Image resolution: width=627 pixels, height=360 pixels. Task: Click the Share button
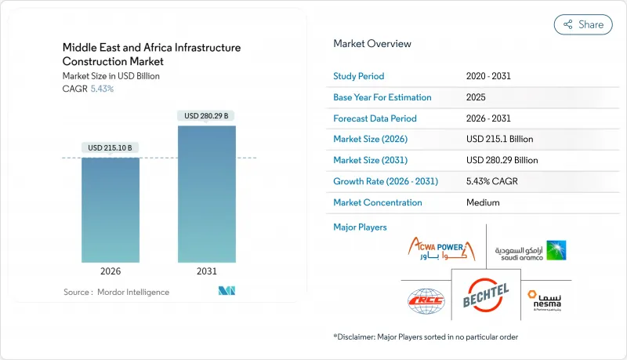coord(583,24)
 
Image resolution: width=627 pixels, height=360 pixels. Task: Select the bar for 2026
coord(111,209)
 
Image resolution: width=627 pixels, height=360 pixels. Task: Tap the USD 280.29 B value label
coord(207,115)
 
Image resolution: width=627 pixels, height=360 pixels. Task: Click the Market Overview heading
coord(372,44)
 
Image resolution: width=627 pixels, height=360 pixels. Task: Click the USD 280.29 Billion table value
coord(502,160)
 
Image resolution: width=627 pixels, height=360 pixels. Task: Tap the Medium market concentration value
coord(483,202)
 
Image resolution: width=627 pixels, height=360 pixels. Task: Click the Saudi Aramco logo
coord(531,250)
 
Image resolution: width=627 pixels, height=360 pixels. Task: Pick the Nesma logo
coord(548,298)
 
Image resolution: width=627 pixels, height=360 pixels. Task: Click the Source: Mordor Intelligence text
coord(116,292)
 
